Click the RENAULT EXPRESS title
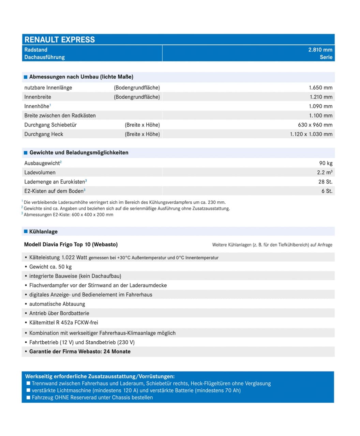click(60, 40)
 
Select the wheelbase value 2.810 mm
click(320, 50)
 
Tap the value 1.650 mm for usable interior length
click(320, 88)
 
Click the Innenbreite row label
click(37, 97)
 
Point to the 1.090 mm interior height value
click(320, 106)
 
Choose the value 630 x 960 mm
click(315, 125)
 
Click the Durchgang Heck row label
click(44, 134)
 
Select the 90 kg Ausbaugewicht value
click(326, 163)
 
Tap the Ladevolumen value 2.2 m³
click(325, 172)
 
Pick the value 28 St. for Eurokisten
click(325, 182)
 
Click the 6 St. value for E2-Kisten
click(327, 191)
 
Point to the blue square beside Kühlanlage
click(26, 232)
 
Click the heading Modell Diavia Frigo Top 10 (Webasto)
click(71, 245)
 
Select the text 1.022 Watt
click(74, 258)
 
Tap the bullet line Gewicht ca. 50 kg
click(50, 267)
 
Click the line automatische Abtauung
click(57, 304)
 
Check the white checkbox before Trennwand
click(29, 383)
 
